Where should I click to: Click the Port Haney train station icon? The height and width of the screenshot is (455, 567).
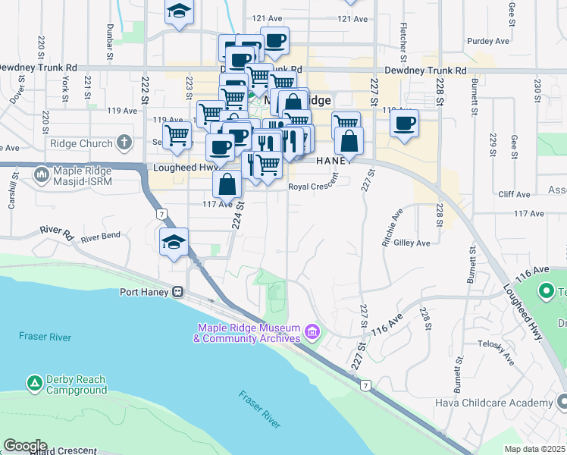pyautogui.click(x=177, y=291)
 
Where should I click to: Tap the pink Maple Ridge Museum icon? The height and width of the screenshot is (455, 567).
pyautogui.click(x=311, y=331)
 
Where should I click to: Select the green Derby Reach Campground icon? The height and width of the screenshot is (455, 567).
pyautogui.click(x=34, y=384)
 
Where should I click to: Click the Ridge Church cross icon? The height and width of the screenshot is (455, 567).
pyautogui.click(x=124, y=143)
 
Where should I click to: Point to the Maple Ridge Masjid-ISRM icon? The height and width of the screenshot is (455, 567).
pyautogui.click(x=42, y=175)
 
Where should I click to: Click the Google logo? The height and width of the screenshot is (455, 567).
pyautogui.click(x=24, y=446)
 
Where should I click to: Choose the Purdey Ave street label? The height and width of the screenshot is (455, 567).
pyautogui.click(x=485, y=41)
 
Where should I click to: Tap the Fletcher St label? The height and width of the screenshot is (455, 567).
pyautogui.click(x=403, y=39)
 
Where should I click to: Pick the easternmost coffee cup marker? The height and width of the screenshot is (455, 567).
pyautogui.click(x=405, y=124)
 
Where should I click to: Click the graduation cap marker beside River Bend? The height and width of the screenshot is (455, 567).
pyautogui.click(x=174, y=243)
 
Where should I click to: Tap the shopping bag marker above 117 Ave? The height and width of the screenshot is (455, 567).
pyautogui.click(x=227, y=184)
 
